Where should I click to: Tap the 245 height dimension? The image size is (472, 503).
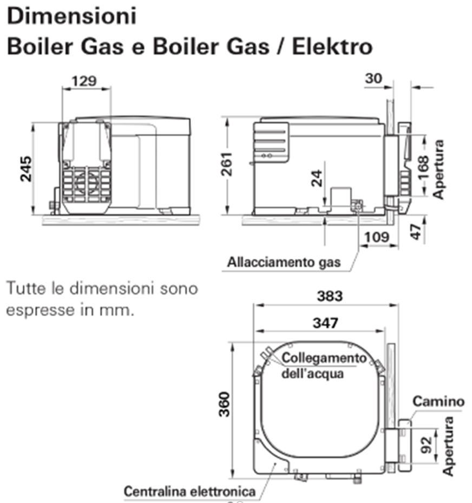25,168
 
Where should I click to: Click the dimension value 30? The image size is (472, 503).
373,79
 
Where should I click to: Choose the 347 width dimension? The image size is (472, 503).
325,323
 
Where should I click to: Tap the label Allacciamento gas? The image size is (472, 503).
284,263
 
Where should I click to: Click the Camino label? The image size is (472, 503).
438,401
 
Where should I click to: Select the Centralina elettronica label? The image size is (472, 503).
189,492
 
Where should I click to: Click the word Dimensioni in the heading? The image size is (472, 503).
71,16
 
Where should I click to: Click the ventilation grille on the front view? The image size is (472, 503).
86,185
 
